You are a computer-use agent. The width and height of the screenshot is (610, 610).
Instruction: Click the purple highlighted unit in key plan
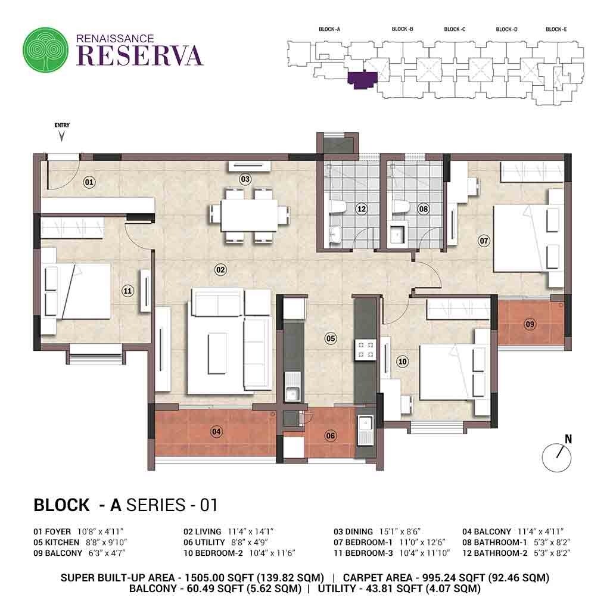click(x=361, y=80)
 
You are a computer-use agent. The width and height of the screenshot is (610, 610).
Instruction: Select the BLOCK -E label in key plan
click(x=556, y=29)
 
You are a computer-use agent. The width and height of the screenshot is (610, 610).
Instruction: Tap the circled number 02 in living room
click(x=220, y=270)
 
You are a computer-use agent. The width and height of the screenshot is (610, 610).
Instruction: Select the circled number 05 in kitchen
click(x=331, y=338)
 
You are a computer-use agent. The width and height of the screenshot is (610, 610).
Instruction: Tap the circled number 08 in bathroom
click(x=424, y=209)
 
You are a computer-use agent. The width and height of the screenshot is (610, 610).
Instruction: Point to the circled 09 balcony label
click(x=530, y=323)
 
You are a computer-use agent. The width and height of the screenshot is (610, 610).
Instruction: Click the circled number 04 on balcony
click(x=216, y=431)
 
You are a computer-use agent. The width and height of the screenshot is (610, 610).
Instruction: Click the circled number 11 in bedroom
click(x=127, y=291)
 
